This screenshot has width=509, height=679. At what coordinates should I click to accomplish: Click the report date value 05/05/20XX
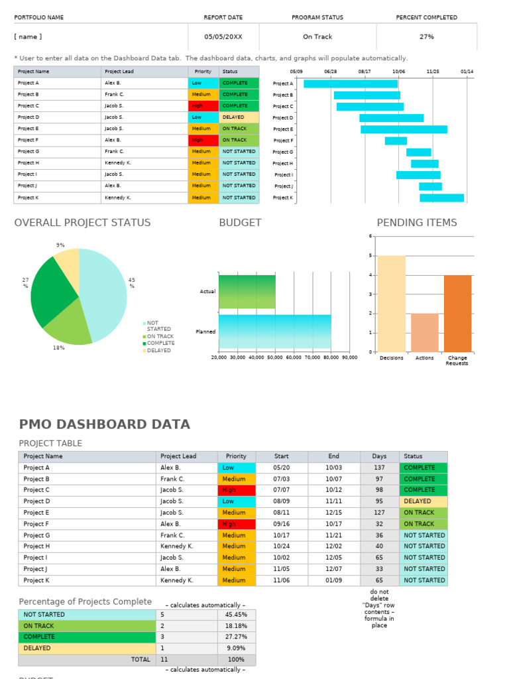pos(223,37)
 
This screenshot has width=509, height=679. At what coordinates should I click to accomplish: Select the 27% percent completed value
pos(427,37)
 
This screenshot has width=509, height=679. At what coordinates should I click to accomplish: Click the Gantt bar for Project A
pos(351,84)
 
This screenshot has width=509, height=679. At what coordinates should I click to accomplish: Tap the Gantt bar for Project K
pos(441,198)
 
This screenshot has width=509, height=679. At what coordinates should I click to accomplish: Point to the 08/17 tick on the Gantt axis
pos(365,71)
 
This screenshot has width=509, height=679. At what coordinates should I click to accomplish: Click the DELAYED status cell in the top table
pos(239,117)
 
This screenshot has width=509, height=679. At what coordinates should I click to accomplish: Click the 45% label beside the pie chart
pos(131,283)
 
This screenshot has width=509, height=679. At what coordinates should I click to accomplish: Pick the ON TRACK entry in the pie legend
pos(160,336)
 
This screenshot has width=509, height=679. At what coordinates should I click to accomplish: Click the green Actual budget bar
pos(247,292)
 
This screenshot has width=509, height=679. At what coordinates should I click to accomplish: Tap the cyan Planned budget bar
pos(274,332)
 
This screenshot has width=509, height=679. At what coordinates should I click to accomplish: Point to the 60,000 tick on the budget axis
pos(294,357)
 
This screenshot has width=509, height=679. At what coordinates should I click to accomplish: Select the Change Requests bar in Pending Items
pos(457,314)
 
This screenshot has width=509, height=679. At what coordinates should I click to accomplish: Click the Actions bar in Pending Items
pos(424,332)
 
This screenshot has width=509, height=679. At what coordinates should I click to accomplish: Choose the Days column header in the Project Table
pos(379,456)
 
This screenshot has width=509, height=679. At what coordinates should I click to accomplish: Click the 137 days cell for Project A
pos(379,467)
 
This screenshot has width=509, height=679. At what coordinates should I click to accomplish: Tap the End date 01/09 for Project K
pos(333,580)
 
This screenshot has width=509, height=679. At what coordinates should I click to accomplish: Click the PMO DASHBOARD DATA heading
pos(104,424)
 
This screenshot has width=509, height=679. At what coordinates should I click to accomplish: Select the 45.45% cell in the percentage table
pos(236,615)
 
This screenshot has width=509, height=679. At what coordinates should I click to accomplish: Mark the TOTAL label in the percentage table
pos(141,660)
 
